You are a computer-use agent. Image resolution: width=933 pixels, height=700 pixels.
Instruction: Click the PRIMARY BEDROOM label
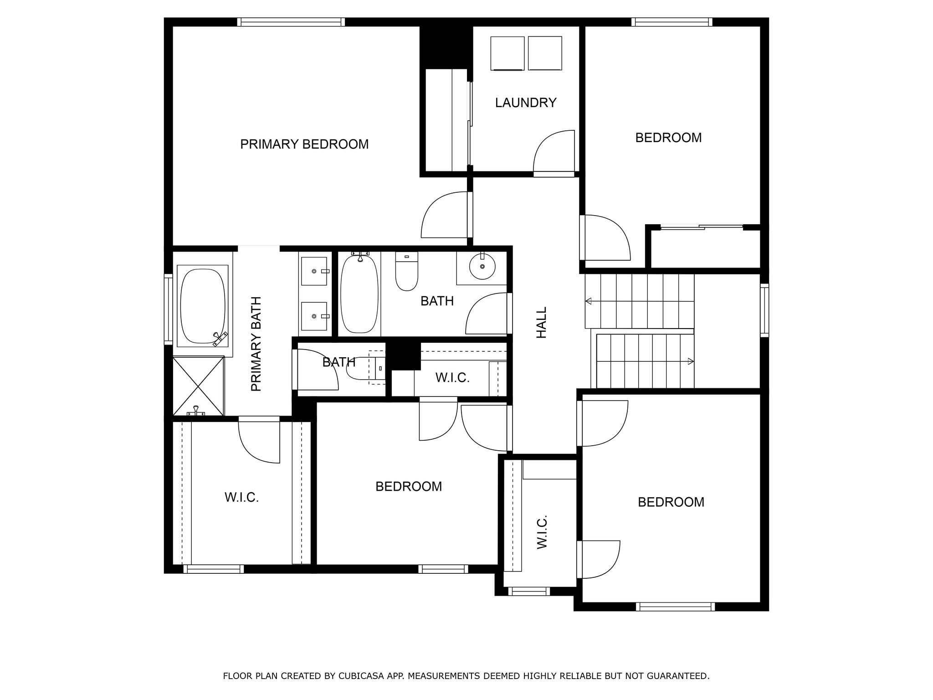coord(304,144)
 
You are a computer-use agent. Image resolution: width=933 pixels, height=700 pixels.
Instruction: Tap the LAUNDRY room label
coord(526,103)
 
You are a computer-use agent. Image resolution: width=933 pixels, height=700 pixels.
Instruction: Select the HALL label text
coord(541,322)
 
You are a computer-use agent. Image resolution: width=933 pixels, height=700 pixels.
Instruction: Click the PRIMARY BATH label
coord(256,344)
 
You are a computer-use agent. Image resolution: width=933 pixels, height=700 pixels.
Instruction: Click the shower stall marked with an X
coord(198,386)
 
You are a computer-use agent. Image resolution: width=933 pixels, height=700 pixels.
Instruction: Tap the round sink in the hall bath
coord(482,267)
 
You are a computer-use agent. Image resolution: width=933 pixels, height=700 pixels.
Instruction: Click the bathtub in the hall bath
coord(359,293)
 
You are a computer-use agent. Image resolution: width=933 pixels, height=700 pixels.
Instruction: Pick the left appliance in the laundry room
coord(508,53)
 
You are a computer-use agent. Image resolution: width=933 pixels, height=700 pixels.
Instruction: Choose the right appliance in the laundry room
coord(545,53)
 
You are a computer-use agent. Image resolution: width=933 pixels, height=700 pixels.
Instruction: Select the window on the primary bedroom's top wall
coord(291,22)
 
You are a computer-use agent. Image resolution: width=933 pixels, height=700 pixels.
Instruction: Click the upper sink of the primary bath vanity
coord(314,271)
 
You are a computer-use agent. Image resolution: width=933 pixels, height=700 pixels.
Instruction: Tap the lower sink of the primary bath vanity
coord(314,316)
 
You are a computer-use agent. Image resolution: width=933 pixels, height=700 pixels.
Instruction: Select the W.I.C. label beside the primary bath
coord(241,497)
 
